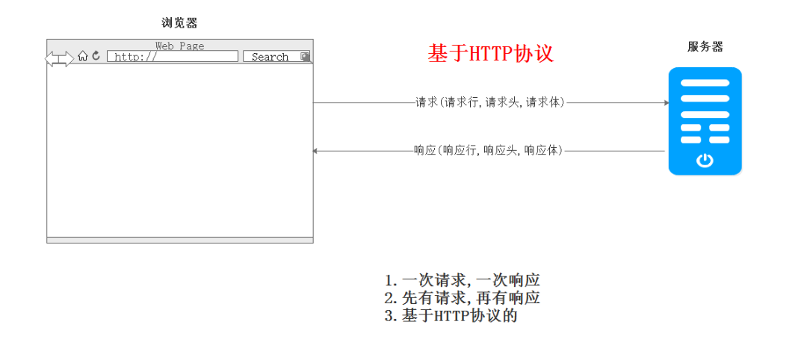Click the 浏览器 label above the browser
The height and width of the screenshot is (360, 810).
(179, 23)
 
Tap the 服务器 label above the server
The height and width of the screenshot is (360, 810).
(705, 47)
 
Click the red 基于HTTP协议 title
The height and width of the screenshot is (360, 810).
(490, 54)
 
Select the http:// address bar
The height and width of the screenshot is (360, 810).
(172, 57)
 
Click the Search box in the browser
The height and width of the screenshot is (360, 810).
(270, 57)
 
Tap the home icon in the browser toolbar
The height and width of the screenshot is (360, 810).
(83, 56)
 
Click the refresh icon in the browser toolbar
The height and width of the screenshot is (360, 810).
(96, 56)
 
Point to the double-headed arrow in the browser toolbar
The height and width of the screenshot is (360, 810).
(60, 58)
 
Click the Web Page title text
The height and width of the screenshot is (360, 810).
(179, 46)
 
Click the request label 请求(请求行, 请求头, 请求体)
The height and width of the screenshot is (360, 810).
(490, 103)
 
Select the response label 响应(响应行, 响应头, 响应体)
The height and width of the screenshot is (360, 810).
(489, 151)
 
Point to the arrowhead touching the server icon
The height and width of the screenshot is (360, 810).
(666, 103)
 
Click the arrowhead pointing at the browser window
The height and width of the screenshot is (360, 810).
(316, 151)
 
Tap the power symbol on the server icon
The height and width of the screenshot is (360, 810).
(705, 160)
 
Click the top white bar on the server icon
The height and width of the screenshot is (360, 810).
(705, 83)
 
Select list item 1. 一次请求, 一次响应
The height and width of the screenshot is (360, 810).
(462, 280)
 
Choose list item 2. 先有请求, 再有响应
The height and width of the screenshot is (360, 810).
(462, 298)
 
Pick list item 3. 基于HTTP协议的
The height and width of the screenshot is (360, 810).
(451, 316)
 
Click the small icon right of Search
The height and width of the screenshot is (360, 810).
(305, 57)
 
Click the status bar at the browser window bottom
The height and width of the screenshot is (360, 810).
(179, 240)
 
